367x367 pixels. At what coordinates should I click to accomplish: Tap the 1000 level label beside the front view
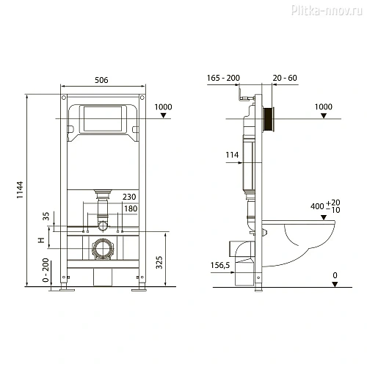point(164,107)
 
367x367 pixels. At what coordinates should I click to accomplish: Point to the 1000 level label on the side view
point(323,107)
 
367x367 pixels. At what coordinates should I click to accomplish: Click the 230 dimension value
point(128,197)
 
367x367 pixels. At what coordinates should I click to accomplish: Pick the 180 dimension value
point(128,209)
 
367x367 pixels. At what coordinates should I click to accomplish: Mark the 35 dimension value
point(45,217)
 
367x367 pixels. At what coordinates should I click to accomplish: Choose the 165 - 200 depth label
point(221,77)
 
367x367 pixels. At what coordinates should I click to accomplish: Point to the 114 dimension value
point(232,154)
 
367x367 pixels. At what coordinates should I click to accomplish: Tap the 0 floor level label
point(334,275)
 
